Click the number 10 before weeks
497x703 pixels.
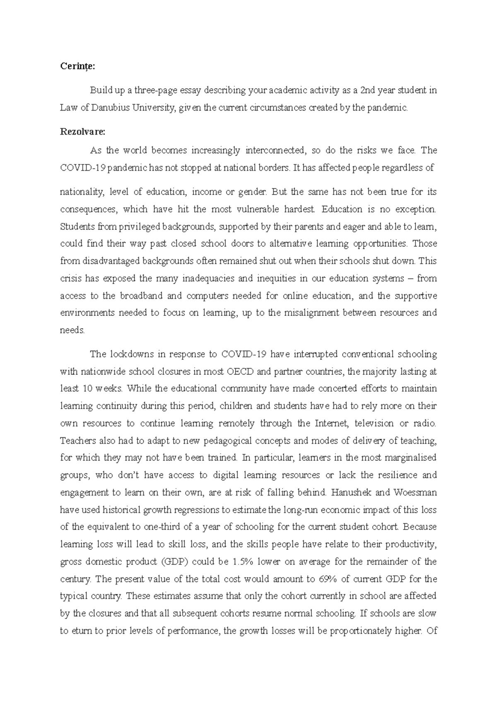[87, 389]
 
